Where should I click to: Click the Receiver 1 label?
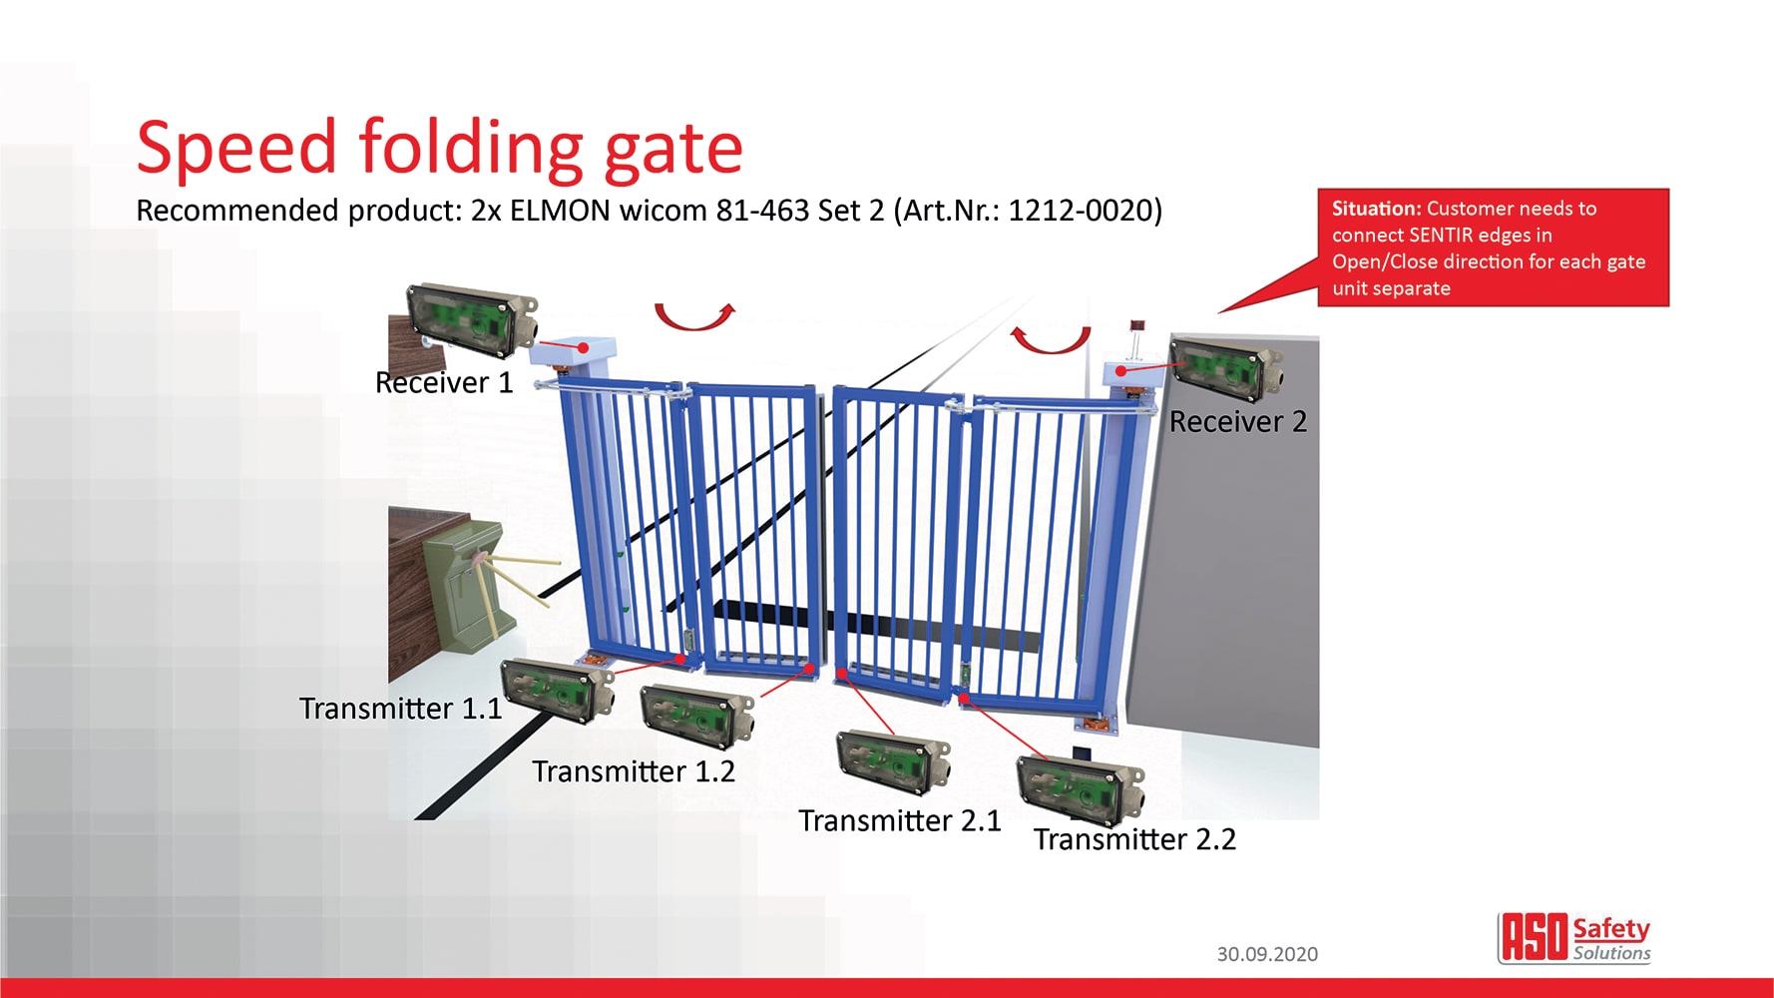coord(444,382)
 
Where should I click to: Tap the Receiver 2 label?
coord(1238,421)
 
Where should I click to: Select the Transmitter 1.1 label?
coord(400,708)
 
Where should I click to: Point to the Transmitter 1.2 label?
coord(634,770)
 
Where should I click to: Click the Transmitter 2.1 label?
coord(900,820)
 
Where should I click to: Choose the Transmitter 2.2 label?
coord(1134,839)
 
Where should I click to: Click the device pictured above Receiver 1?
coord(472,318)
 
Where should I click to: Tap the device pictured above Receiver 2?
coord(1227,368)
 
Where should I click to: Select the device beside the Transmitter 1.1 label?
coord(557,690)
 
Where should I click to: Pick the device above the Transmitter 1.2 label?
coord(697,716)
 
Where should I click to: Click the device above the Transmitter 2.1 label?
coord(893,763)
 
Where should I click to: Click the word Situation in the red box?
coord(1376,209)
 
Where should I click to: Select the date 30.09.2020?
coord(1267,954)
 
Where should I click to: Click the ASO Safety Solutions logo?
coord(1573,938)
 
